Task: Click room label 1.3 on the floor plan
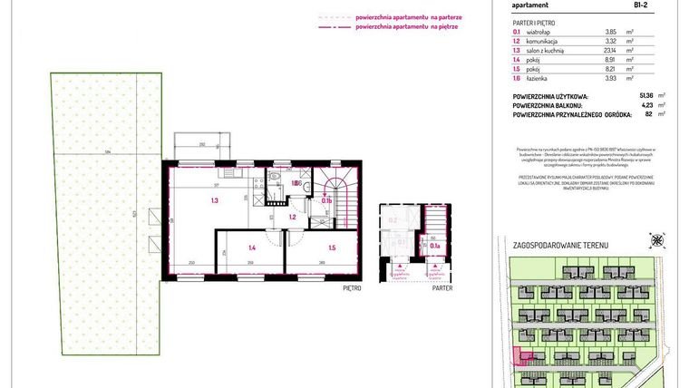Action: [x=215, y=200]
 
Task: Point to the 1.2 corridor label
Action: [x=293, y=218]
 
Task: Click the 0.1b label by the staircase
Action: [x=327, y=201]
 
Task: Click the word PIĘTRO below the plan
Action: [x=353, y=287]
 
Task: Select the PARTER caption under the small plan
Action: [x=442, y=287]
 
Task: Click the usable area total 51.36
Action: [x=647, y=95]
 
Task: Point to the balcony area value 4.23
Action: [x=647, y=105]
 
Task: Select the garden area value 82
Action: [x=649, y=115]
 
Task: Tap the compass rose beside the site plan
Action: [x=655, y=241]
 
